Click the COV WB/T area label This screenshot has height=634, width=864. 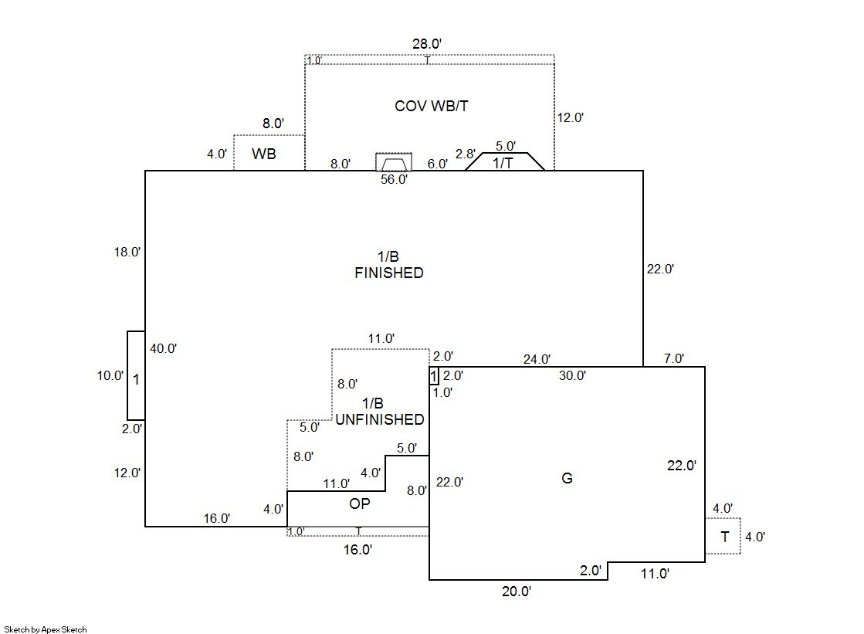click(431, 106)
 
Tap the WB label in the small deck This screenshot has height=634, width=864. click(264, 154)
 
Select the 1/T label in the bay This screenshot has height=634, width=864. click(503, 163)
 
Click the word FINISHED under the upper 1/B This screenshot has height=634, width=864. click(388, 273)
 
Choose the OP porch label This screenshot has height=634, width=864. click(359, 504)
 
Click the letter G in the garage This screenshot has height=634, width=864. click(567, 479)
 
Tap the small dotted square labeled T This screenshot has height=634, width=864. click(724, 537)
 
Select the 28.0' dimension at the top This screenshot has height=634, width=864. click(427, 44)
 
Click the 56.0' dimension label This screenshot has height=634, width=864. click(394, 179)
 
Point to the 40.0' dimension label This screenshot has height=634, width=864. click(164, 348)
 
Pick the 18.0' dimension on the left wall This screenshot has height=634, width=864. click(127, 252)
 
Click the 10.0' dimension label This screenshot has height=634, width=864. click(109, 376)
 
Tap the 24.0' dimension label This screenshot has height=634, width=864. click(537, 359)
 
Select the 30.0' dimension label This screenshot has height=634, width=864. click(572, 376)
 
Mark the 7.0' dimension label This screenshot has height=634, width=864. click(673, 359)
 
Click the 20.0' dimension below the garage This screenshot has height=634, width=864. click(516, 592)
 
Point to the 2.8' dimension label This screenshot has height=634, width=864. click(465, 154)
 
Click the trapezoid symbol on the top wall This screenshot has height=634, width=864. click(394, 163)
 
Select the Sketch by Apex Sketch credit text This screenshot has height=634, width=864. click(45, 629)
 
